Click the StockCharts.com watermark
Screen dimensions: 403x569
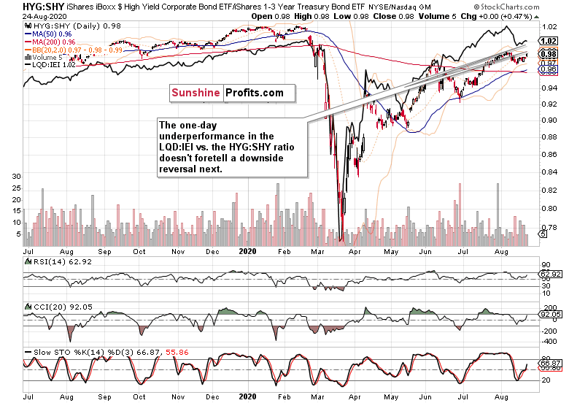pyautogui.click(x=526, y=6)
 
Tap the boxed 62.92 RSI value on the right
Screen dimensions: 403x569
pyautogui.click(x=549, y=275)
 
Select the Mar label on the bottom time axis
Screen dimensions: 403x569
pyautogui.click(x=319, y=396)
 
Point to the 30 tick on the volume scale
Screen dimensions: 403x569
pyautogui.click(x=14, y=177)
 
